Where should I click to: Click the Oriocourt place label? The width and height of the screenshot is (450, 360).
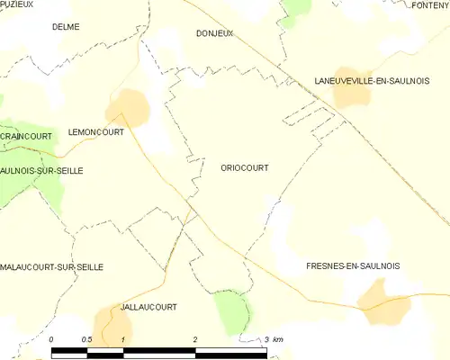pyautogui.click(x=244, y=167)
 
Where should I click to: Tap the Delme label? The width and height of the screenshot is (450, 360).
pyautogui.click(x=66, y=27)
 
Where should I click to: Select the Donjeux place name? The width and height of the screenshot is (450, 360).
pyautogui.click(x=214, y=33)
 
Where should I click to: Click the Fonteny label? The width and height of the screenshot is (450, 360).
pyautogui.click(x=429, y=5)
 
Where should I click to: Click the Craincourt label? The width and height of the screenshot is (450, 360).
pyautogui.click(x=26, y=136)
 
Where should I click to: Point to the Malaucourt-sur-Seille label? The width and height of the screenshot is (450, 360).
pyautogui.click(x=52, y=267)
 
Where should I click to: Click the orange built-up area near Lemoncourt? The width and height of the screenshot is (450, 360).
pyautogui.click(x=126, y=106)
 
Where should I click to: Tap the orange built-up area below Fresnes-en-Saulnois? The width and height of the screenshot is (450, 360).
pyautogui.click(x=383, y=301)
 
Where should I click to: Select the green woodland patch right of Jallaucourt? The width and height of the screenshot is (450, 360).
pyautogui.click(x=232, y=311)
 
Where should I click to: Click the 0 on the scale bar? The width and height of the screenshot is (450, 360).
pyautogui.click(x=52, y=338)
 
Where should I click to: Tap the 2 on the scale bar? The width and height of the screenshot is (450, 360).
pyautogui.click(x=195, y=338)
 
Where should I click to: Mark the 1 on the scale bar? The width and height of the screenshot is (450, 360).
pyautogui.click(x=123, y=338)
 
